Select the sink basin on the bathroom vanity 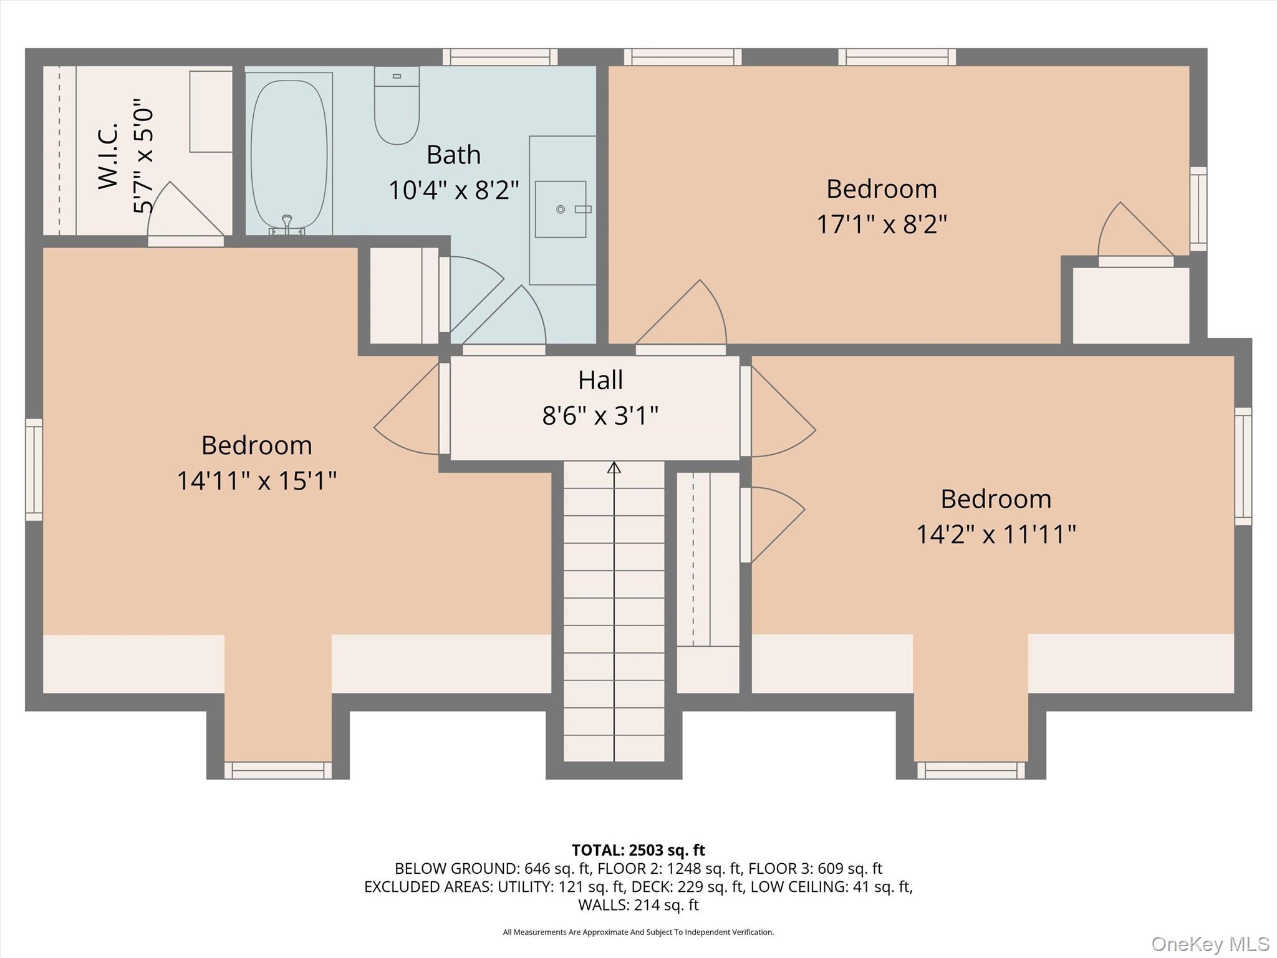tap(560, 209)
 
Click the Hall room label tap(600, 380)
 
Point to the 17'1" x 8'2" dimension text tap(881, 224)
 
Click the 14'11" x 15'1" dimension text tap(256, 481)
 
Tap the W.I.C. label tap(108, 155)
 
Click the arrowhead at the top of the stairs tap(614, 467)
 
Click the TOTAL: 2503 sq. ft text tap(638, 850)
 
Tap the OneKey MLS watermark tap(1210, 944)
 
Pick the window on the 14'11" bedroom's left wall tap(34, 470)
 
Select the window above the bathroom tap(500, 57)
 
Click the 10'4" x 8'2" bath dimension tap(453, 190)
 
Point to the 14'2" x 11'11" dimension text tap(995, 535)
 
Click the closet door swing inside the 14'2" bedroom tap(773, 524)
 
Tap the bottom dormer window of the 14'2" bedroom tap(971, 770)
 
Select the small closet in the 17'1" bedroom tap(1130, 305)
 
